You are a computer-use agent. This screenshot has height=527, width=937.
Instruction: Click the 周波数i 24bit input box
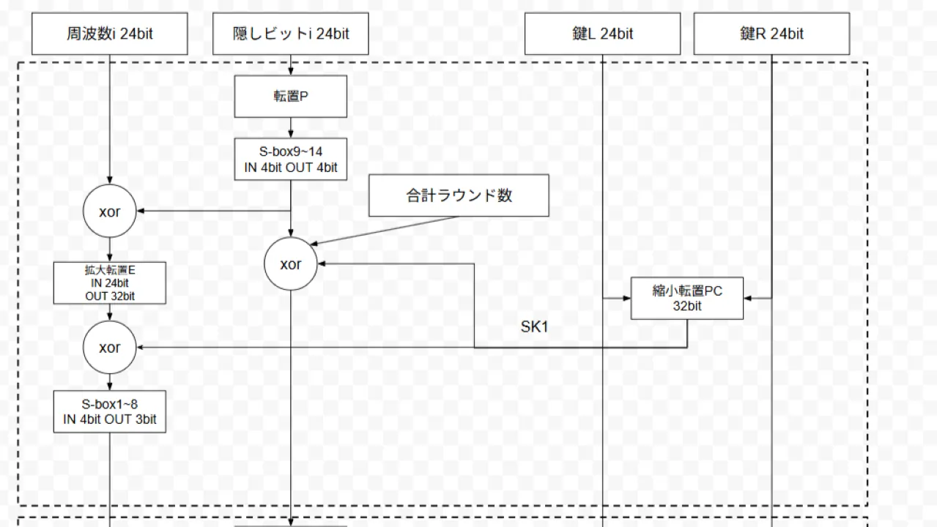(x=109, y=34)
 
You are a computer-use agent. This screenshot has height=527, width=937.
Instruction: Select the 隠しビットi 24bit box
(x=290, y=34)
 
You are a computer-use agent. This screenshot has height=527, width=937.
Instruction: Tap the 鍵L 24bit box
(x=602, y=34)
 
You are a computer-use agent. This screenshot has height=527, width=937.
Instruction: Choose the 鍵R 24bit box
(x=771, y=34)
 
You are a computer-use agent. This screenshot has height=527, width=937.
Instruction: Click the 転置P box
(x=290, y=97)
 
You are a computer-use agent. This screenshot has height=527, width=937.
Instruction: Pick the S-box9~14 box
(x=291, y=160)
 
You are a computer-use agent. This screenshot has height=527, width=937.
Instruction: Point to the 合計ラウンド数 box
(x=459, y=195)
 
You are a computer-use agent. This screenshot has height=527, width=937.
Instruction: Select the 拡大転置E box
(x=110, y=283)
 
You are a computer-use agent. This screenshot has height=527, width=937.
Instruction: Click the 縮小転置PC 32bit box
(x=687, y=299)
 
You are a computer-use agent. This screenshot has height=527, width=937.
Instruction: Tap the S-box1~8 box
(x=110, y=412)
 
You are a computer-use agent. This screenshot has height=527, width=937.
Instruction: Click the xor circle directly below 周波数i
(x=110, y=212)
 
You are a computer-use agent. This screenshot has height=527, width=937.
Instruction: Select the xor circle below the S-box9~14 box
(x=291, y=264)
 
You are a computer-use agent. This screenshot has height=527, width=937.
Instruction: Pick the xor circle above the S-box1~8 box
(x=110, y=348)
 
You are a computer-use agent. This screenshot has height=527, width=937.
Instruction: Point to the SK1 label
(x=534, y=327)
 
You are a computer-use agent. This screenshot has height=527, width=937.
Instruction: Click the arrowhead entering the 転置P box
(x=291, y=72)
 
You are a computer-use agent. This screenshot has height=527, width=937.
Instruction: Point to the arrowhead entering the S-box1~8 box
(x=110, y=386)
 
